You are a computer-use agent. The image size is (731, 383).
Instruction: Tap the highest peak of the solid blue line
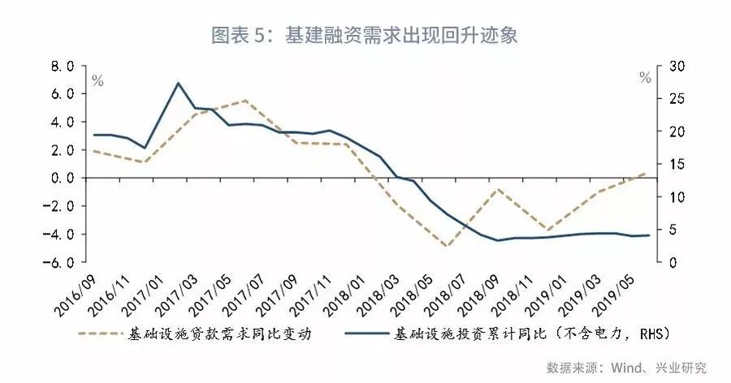pos(178,83)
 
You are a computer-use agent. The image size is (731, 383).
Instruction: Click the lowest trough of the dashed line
pos(445,246)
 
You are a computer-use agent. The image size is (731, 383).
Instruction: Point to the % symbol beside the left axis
pos(97,80)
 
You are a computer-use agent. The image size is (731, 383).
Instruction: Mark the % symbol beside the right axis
pos(645,79)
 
